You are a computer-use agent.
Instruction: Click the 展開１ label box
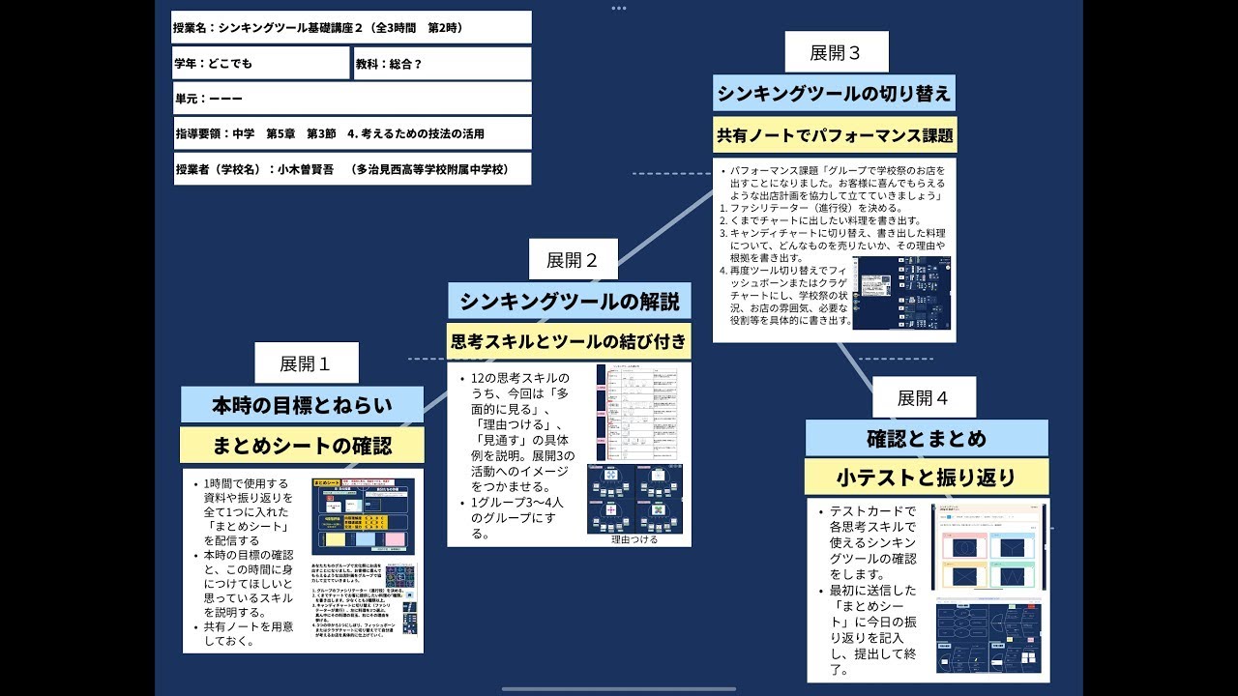tap(306, 363)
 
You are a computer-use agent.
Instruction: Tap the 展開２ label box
tap(573, 259)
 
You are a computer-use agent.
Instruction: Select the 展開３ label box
tap(835, 52)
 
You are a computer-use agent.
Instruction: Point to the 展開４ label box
tap(923, 397)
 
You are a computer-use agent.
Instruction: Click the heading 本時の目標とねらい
tap(302, 405)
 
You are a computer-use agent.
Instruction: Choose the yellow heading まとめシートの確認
tap(302, 446)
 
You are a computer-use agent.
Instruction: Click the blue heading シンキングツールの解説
tap(569, 301)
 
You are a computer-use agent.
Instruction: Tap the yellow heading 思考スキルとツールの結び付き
tap(569, 341)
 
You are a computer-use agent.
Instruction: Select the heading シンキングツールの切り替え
tap(834, 95)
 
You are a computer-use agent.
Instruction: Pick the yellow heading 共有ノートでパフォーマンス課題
tap(834, 135)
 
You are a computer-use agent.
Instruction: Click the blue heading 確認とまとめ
tap(927, 438)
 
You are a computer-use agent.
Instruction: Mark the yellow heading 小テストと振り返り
tap(927, 478)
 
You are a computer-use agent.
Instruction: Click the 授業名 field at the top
tap(351, 27)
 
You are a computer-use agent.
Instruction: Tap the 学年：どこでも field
tap(260, 63)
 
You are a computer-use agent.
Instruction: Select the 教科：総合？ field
tap(442, 63)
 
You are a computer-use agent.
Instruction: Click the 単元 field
tap(351, 99)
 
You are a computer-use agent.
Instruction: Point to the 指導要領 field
tap(351, 133)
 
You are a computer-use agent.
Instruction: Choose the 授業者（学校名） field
tap(351, 169)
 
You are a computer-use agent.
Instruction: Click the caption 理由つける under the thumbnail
tap(634, 539)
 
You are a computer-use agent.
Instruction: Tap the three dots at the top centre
tap(619, 8)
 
